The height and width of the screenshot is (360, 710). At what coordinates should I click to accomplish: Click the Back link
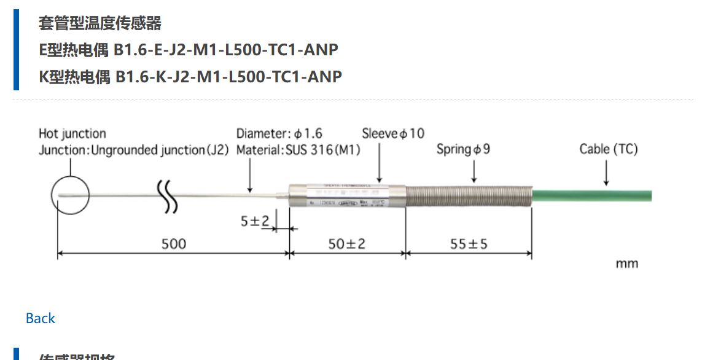[40, 318]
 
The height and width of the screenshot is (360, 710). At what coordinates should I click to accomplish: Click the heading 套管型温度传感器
[100, 23]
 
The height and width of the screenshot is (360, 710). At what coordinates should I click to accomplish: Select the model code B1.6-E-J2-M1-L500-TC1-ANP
[227, 50]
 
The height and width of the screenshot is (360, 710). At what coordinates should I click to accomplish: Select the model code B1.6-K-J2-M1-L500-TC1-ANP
[228, 77]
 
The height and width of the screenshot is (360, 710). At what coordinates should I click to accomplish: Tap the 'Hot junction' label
[72, 133]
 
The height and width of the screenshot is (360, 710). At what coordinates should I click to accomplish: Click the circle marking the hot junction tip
[70, 196]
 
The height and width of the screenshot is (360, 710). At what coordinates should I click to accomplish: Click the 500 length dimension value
[173, 244]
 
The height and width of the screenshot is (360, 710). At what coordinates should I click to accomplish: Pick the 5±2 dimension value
[254, 221]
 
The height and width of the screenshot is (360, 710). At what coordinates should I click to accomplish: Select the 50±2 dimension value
[346, 244]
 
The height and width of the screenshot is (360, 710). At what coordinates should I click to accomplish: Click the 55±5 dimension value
[469, 244]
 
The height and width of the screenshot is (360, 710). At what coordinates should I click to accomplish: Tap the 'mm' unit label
[626, 264]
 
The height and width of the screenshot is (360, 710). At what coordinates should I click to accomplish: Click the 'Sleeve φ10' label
[392, 133]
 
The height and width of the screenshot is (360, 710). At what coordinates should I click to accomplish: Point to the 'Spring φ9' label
[463, 149]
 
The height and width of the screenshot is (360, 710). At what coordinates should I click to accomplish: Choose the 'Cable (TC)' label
[608, 149]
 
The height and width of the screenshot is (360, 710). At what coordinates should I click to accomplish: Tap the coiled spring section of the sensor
[468, 197]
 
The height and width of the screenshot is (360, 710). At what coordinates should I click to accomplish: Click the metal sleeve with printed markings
[346, 196]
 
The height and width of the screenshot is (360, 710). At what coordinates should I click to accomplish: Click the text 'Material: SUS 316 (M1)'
[298, 150]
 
